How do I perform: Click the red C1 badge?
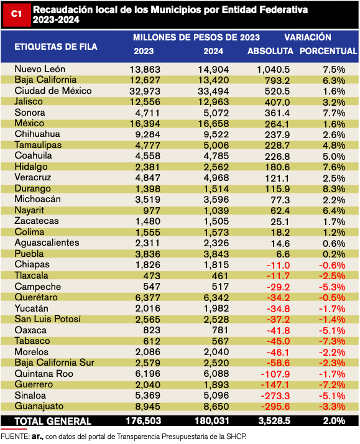click(16, 15)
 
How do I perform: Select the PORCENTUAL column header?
click(328, 51)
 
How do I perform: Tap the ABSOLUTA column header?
click(270, 51)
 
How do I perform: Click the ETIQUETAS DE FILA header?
click(56, 47)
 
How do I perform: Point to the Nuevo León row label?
click(40, 69)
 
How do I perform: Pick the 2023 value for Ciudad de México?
click(145, 91)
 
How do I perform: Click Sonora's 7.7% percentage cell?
click(334, 113)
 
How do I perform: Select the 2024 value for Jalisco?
click(213, 102)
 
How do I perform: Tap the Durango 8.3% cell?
click(334, 189)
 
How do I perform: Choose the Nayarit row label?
click(29, 210)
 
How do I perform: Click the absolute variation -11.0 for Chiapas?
click(278, 266)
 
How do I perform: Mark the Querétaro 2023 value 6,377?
click(148, 298)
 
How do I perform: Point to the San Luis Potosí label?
click(47, 319)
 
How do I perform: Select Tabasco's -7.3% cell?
click(332, 341)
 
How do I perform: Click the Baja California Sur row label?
click(54, 363)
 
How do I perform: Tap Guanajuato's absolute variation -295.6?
click(275, 407)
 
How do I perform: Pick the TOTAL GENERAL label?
click(53, 422)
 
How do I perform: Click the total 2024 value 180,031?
click(211, 421)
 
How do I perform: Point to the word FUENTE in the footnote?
click(14, 437)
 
